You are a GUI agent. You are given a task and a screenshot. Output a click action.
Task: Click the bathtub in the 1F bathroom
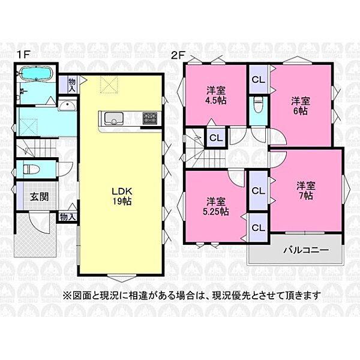[37, 74]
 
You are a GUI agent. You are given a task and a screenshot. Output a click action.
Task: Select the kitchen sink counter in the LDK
[115, 117]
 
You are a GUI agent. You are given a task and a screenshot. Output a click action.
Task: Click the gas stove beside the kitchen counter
[149, 117]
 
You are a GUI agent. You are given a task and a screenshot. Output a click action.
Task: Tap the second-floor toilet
[258, 106]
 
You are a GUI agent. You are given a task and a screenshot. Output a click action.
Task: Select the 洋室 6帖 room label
[301, 106]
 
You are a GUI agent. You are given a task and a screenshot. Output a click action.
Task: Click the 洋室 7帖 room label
[305, 191]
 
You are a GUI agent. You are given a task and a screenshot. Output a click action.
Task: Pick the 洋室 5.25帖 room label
[217, 206]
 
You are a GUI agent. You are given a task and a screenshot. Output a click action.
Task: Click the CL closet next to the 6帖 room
[258, 80]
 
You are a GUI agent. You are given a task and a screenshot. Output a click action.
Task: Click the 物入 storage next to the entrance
[67, 217]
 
